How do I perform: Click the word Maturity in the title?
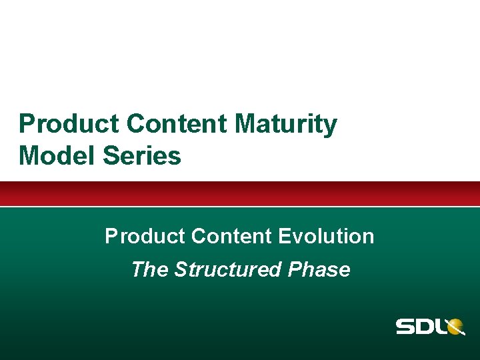tap(285, 125)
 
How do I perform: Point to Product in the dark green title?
tap(69, 125)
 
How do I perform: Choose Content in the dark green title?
tap(177, 125)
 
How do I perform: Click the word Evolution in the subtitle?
tap(326, 236)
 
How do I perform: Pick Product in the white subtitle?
tap(145, 236)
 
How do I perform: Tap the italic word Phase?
tap(319, 269)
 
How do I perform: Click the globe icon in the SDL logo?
tap(455, 327)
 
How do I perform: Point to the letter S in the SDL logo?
tap(407, 327)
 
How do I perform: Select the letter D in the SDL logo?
tap(428, 327)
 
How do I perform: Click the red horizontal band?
tap(240, 193)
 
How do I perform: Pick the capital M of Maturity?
tap(246, 125)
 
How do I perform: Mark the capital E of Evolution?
tap(285, 236)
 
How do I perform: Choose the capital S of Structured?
tap(181, 269)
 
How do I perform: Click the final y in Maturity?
tap(331, 127)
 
